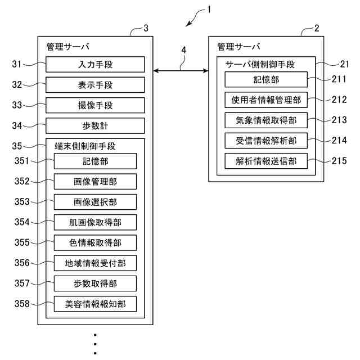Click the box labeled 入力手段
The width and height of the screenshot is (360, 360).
[x=96, y=65]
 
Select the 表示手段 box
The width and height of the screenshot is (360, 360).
[x=96, y=85]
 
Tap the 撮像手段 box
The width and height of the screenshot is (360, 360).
[x=96, y=105]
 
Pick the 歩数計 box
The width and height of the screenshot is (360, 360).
[x=96, y=125]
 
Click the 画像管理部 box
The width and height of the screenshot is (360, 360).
[x=96, y=182]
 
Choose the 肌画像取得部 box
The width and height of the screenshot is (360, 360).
[x=96, y=222]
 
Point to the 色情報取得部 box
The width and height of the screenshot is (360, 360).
[x=96, y=242]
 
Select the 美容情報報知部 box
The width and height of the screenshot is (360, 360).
[x=96, y=304]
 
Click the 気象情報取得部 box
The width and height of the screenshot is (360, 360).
[x=266, y=120]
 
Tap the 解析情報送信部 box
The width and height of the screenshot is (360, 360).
[x=266, y=161]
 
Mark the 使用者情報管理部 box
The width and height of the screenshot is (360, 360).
[x=266, y=100]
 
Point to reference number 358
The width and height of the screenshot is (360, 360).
[x=22, y=304]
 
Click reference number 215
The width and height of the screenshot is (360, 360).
[x=339, y=161]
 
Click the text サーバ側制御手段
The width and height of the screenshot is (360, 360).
[x=260, y=65]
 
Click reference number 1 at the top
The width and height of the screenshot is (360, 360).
[x=209, y=10]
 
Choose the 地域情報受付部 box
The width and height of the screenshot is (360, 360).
[x=96, y=263]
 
